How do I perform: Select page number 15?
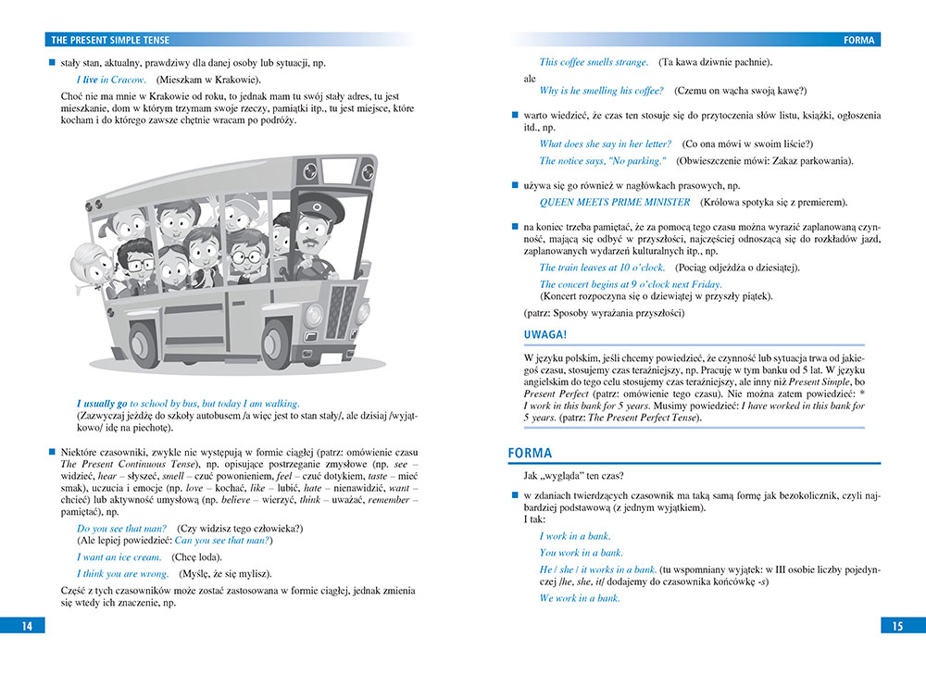point(896,626)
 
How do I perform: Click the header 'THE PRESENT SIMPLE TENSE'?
point(110,41)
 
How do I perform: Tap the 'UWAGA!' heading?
point(545,335)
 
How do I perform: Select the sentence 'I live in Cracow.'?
point(111,81)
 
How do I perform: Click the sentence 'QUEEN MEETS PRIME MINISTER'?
point(614,202)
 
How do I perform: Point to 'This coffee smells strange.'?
point(594,62)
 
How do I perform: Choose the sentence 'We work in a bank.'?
point(580,598)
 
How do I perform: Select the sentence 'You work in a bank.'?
point(581,553)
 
